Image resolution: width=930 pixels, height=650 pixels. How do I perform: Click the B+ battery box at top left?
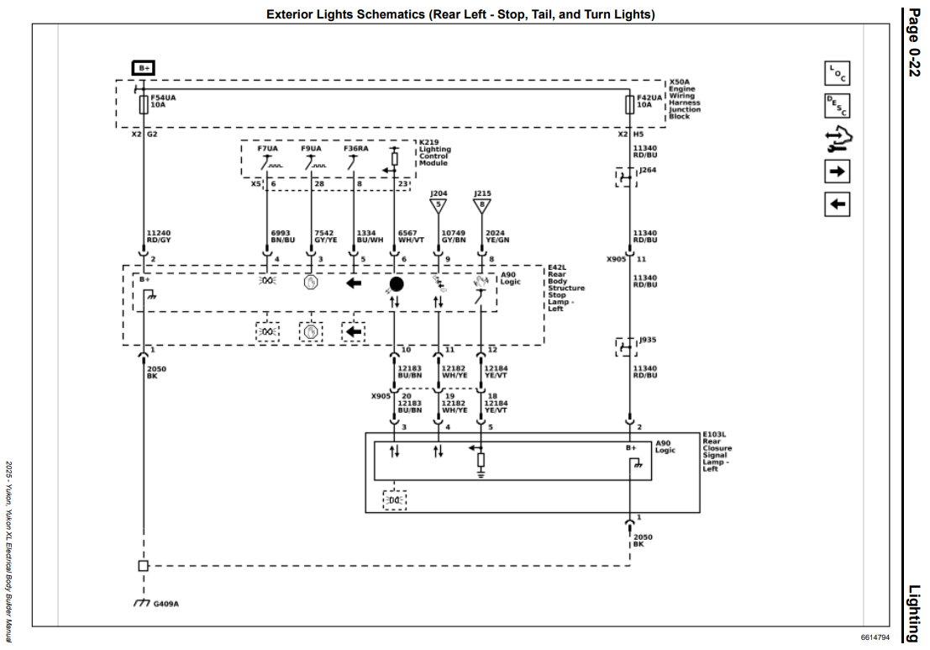point(143,67)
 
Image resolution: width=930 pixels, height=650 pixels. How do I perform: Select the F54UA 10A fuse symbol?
point(144,105)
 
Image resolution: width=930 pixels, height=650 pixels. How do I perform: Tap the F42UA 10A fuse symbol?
point(630,105)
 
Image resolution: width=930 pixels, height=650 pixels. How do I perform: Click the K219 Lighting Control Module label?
point(434,152)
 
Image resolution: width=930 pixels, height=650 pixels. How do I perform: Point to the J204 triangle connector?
point(439,206)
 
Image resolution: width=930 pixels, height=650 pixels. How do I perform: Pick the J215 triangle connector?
point(481,206)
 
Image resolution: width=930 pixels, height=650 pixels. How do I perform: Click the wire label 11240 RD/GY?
point(159,237)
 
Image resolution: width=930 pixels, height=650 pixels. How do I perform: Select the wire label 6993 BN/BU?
point(283,237)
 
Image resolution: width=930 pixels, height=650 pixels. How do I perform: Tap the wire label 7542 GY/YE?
point(326,237)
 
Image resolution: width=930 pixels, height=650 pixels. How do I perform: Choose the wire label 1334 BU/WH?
point(370,237)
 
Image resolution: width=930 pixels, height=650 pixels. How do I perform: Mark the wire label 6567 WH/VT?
point(411,237)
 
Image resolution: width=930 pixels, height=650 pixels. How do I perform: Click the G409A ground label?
point(166,604)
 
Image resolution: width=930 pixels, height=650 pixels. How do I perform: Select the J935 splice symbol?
point(626,347)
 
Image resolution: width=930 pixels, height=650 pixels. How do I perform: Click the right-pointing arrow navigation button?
point(837,172)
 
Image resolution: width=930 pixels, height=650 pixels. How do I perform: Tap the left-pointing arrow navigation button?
point(837,204)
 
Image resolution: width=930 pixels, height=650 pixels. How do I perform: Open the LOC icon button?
point(837,74)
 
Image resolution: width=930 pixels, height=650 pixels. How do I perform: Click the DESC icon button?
point(837,106)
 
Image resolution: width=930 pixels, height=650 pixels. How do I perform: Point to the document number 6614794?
point(875,637)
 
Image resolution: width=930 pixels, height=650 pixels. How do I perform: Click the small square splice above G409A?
point(144,566)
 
